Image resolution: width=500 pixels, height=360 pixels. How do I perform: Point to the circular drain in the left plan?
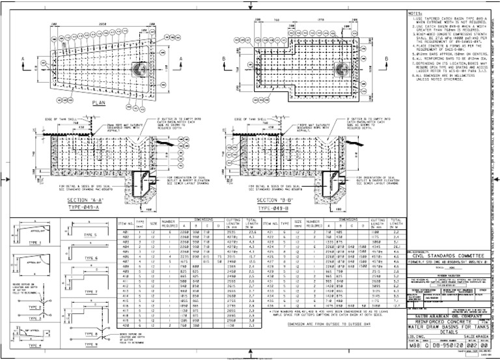(140, 68)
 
